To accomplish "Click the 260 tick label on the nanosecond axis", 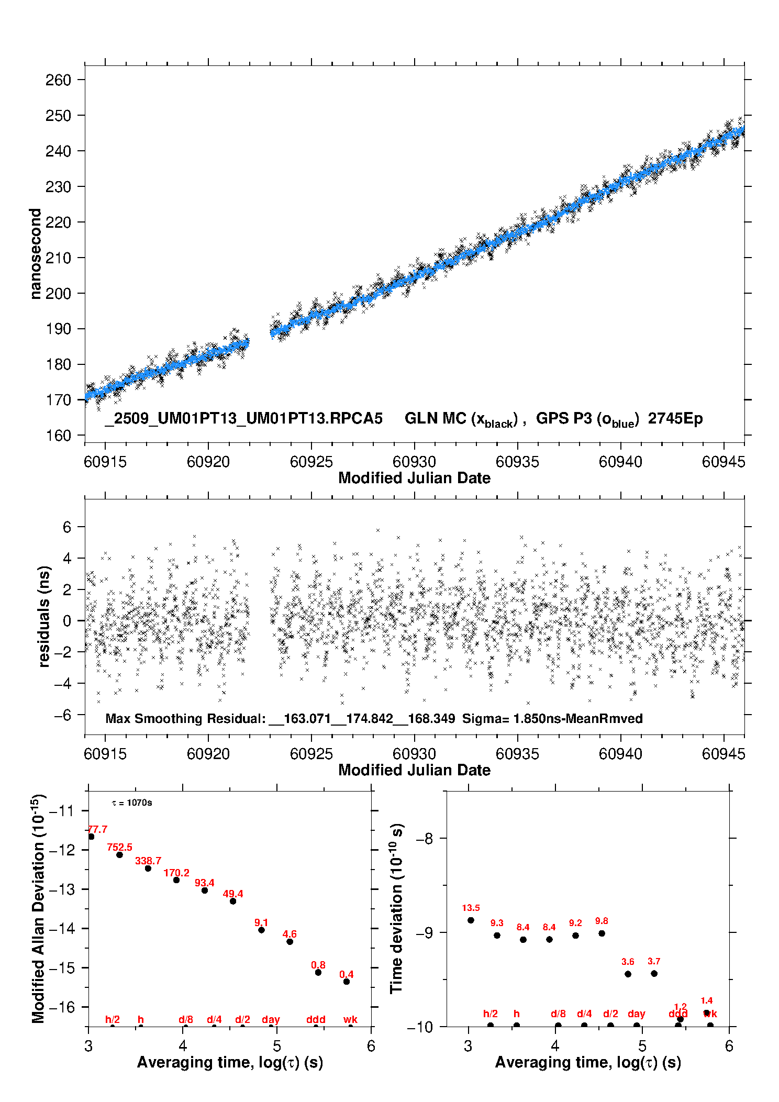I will click(58, 80).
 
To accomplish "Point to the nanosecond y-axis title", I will click(35, 253).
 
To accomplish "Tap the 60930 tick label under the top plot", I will click(414, 462).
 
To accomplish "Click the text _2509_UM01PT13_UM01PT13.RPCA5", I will click(243, 419).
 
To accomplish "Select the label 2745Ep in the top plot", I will click(675, 419).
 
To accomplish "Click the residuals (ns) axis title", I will click(44, 616).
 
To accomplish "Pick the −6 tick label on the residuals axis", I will click(62, 715).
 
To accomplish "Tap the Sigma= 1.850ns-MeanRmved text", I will click(552, 718).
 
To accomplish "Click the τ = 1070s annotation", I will click(132, 803).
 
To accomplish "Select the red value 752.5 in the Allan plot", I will click(119, 848).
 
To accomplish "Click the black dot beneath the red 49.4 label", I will click(233, 901).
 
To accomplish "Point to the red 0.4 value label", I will click(347, 974).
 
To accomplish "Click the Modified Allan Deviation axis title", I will click(38, 908).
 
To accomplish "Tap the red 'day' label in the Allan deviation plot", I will click(271, 1019).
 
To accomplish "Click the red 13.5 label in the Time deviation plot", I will click(471, 908).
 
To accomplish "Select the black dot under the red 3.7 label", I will click(654, 973).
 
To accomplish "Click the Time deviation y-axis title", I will click(396, 909).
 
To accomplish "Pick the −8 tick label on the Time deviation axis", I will click(424, 839).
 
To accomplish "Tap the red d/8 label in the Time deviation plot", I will click(558, 1014).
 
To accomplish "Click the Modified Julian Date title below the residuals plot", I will click(414, 770).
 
